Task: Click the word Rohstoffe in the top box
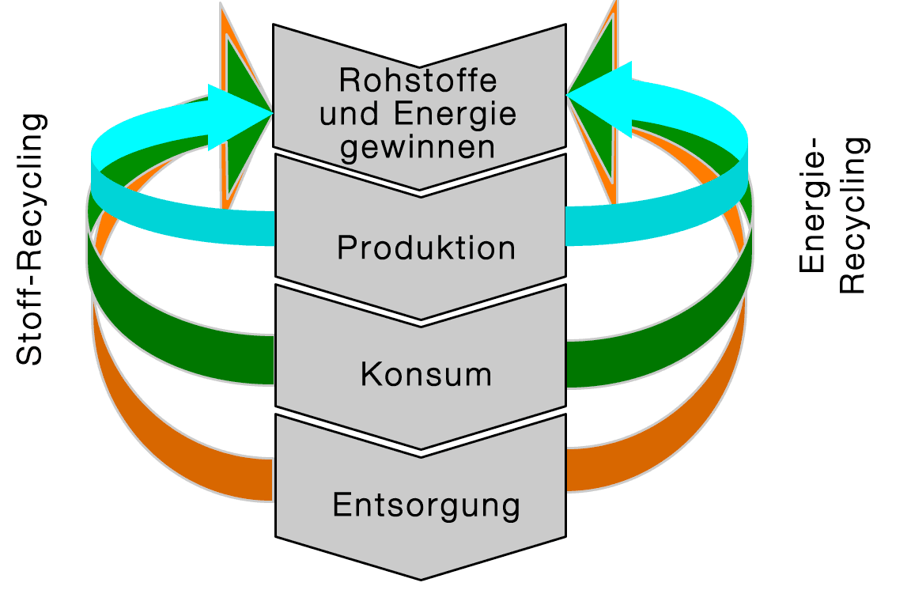click(x=418, y=81)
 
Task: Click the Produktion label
click(x=426, y=248)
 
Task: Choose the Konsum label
click(x=426, y=374)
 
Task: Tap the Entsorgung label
click(x=426, y=505)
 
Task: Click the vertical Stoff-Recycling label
click(x=32, y=240)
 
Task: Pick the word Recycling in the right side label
click(x=854, y=217)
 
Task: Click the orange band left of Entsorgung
click(x=198, y=467)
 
